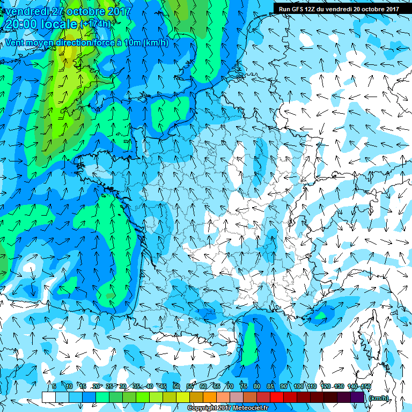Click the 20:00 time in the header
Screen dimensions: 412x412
(x=22, y=25)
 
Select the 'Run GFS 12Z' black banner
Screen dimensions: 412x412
(x=339, y=9)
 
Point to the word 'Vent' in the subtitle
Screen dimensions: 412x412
(x=16, y=42)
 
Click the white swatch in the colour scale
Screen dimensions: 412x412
(x=48, y=397)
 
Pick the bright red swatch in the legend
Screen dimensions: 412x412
(x=277, y=397)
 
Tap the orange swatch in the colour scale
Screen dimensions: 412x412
(x=210, y=397)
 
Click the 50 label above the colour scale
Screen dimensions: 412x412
(x=176, y=386)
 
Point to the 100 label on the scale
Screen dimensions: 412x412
(x=298, y=386)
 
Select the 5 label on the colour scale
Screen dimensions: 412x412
(x=54, y=386)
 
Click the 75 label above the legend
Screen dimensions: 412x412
(x=243, y=386)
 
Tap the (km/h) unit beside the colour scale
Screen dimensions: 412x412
(x=379, y=398)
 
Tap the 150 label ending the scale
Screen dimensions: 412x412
(x=366, y=386)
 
